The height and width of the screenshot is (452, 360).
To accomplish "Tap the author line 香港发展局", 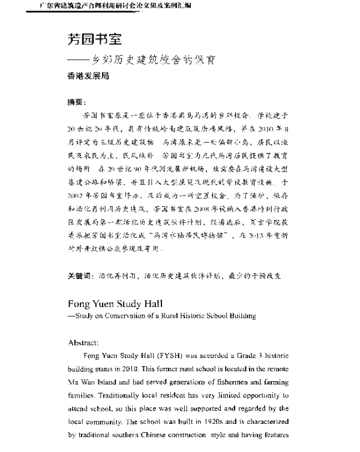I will click(x=88, y=77).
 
